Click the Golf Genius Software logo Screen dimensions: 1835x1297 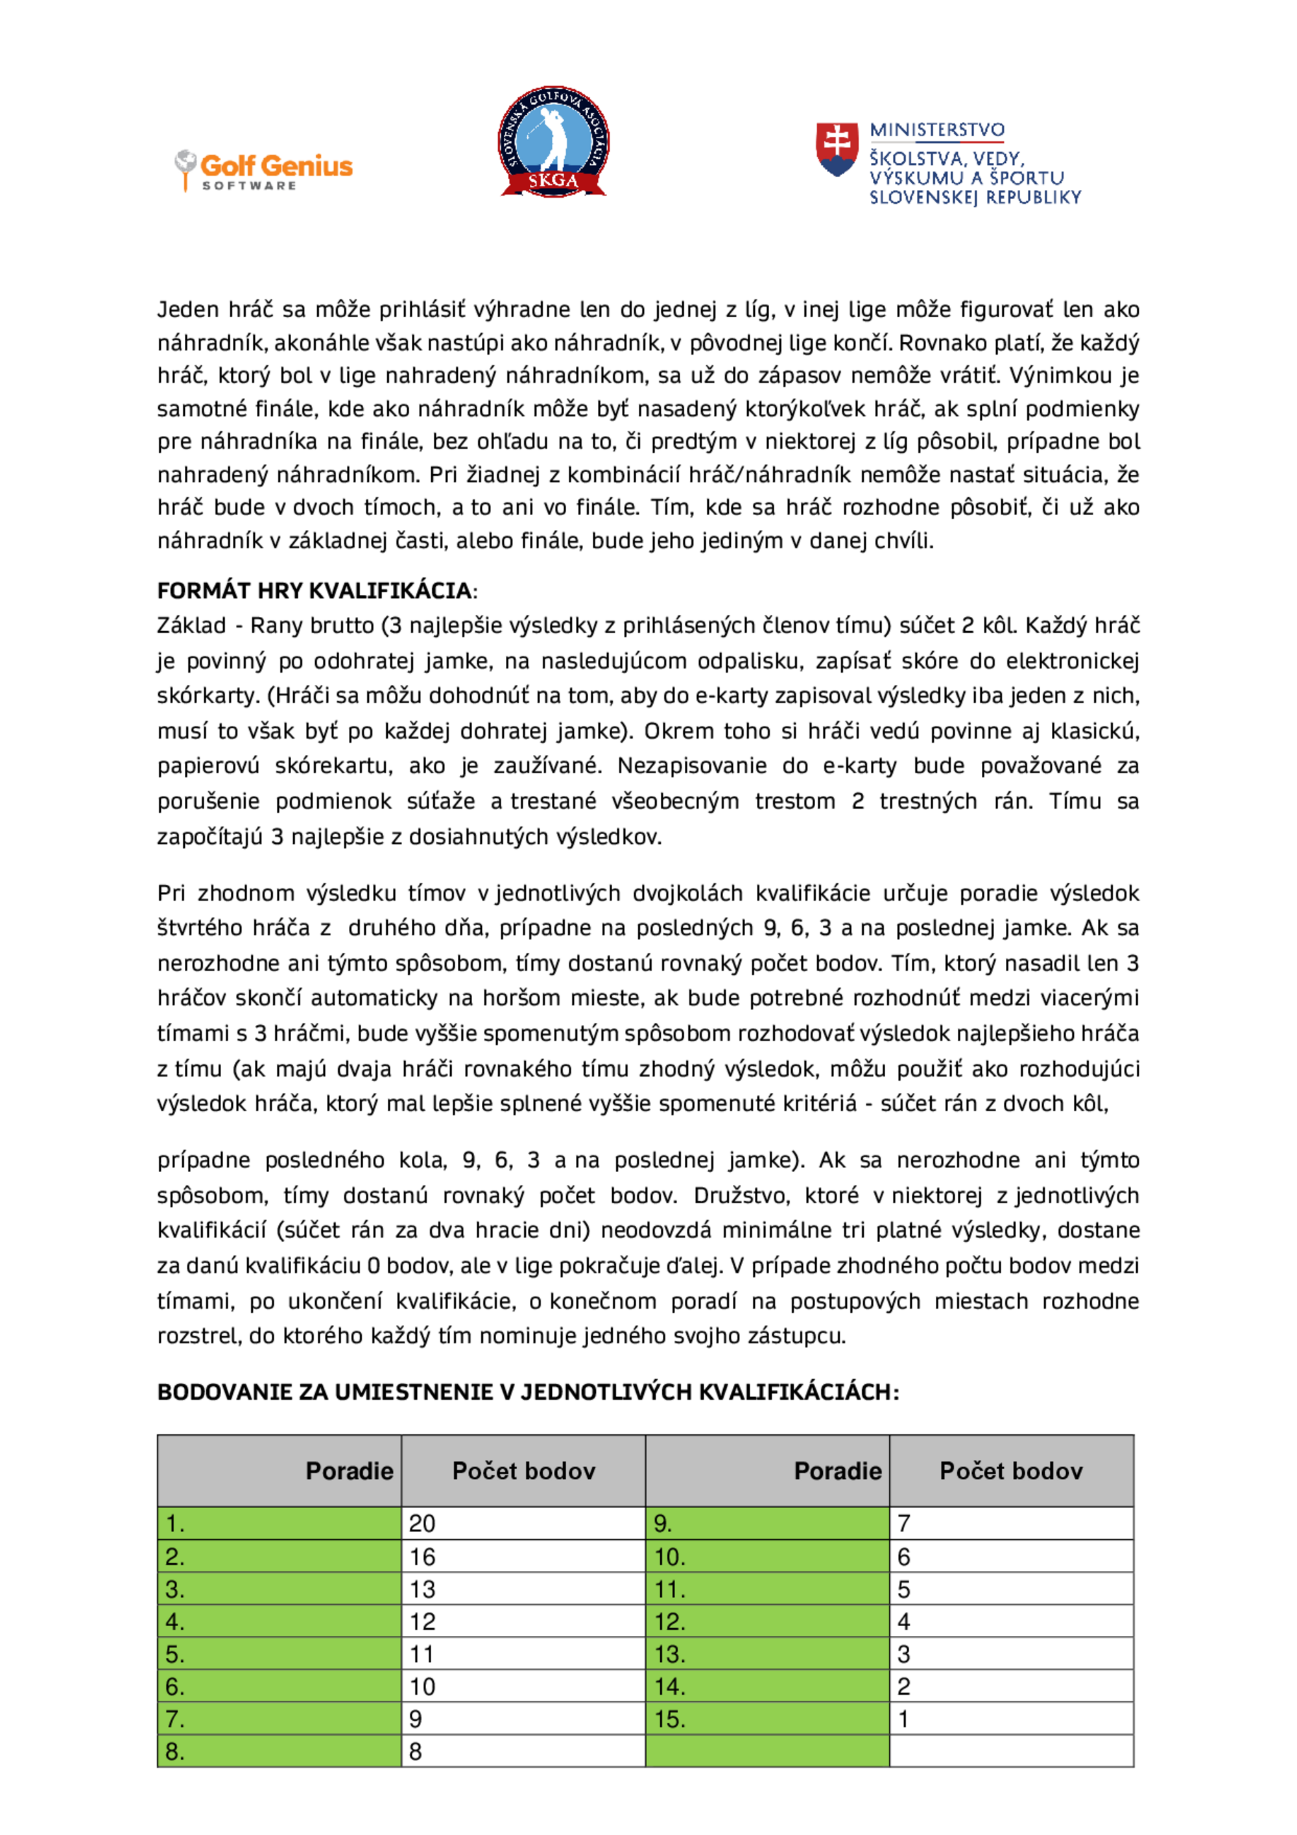[x=264, y=170]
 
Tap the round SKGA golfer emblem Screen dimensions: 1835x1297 [x=553, y=141]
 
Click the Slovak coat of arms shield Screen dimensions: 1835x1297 [x=837, y=149]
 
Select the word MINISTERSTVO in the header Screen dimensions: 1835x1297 [x=936, y=130]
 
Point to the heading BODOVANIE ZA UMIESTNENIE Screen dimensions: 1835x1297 [x=527, y=1391]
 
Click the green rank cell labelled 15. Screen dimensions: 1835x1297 [x=767, y=1719]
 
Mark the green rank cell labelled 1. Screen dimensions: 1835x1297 [x=279, y=1523]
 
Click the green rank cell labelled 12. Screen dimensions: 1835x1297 [x=767, y=1622]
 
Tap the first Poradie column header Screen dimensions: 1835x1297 [x=350, y=1470]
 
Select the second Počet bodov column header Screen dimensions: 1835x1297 [x=1011, y=1470]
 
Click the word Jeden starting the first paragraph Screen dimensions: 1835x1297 [x=189, y=309]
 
